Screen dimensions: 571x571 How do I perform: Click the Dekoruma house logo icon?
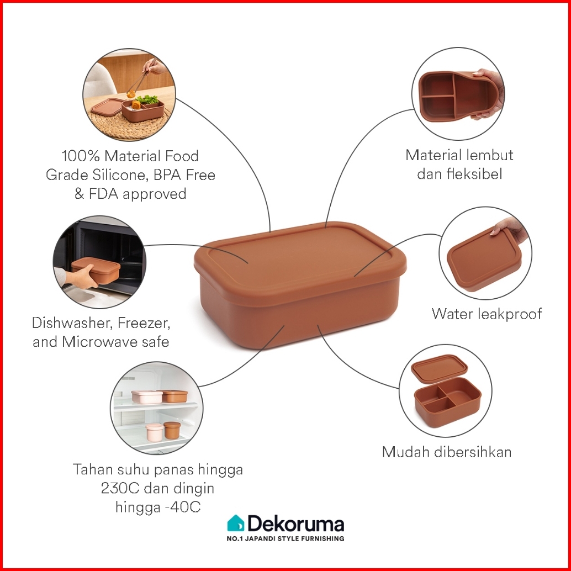235,523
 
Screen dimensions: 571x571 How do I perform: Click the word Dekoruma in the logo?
296,524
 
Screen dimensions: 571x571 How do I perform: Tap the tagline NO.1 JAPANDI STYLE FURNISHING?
286,538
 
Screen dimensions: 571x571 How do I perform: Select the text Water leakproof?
487,314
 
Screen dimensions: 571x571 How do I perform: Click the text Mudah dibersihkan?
447,452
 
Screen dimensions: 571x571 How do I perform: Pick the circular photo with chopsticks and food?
129,94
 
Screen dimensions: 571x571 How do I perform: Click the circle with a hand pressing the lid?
485,253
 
